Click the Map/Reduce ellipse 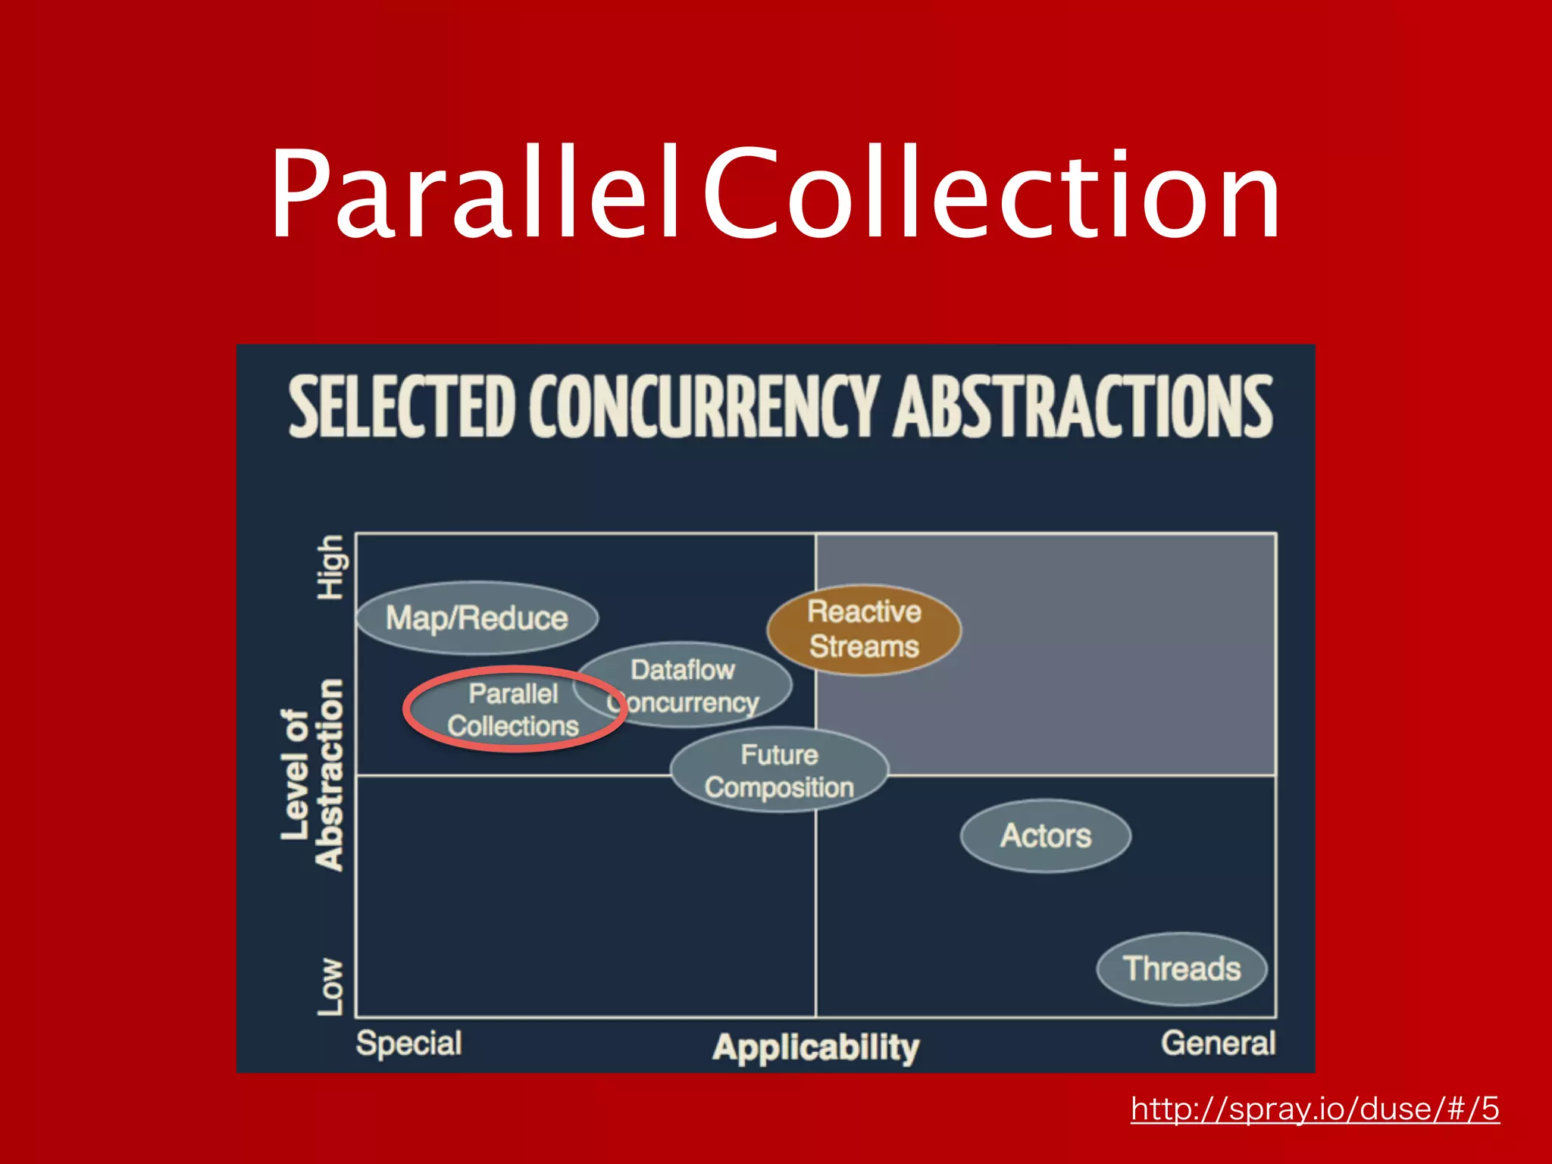[477, 618]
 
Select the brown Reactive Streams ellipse [864, 629]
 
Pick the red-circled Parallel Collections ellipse [514, 710]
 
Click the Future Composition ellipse [779, 771]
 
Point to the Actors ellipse [1046, 836]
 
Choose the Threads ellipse [1181, 968]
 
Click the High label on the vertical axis [331, 568]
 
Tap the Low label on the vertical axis [330, 986]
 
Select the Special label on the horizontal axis [409, 1044]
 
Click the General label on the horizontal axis [1218, 1044]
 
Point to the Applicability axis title [815, 1048]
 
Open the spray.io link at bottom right [1315, 1109]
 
